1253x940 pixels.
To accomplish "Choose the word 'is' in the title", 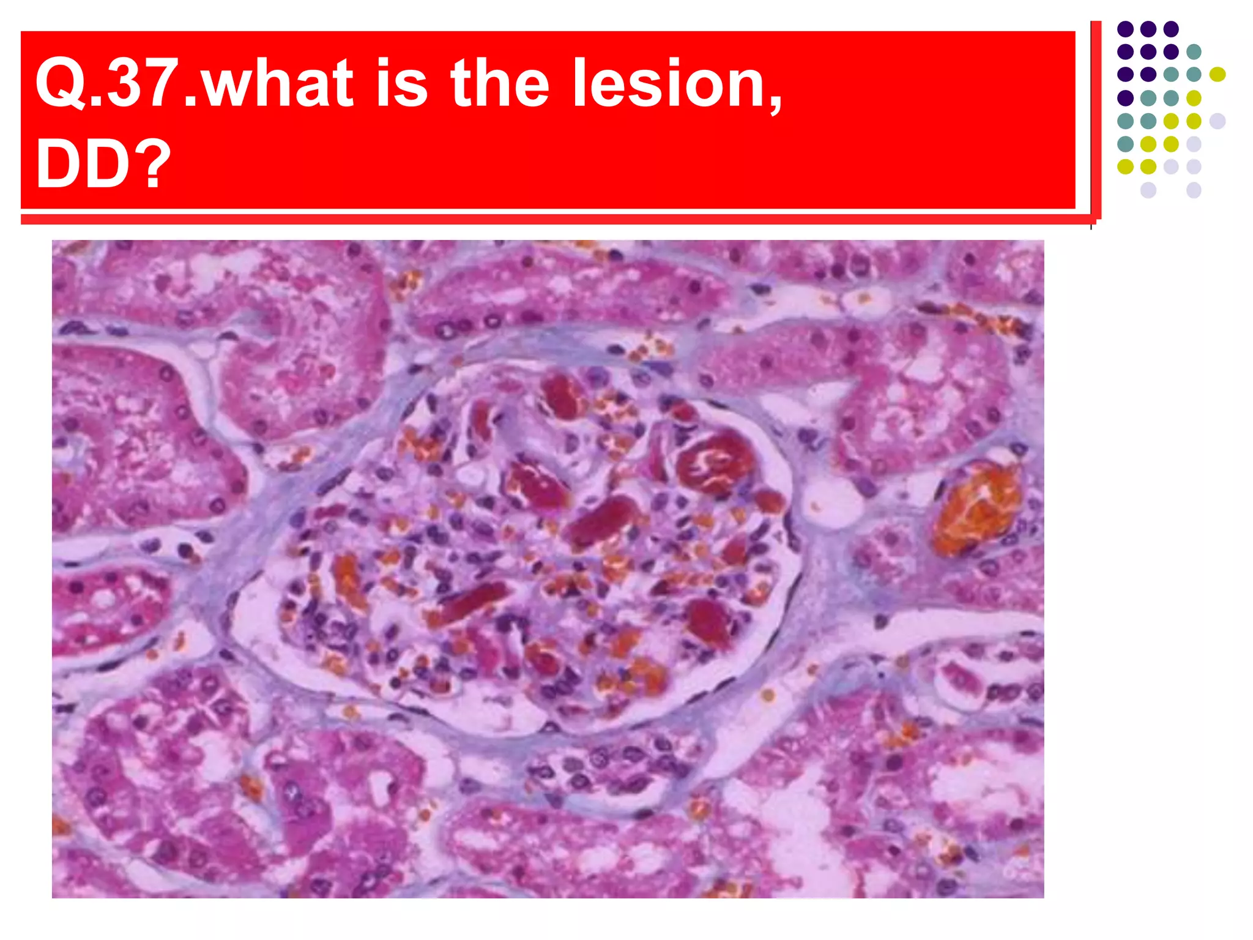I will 401,83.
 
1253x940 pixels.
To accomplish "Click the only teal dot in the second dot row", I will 1194,51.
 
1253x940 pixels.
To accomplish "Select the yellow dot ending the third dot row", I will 1217,74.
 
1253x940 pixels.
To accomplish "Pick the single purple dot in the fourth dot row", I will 1125,97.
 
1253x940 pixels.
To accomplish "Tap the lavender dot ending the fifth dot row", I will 1217,121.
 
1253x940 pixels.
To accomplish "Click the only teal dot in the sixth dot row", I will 1125,144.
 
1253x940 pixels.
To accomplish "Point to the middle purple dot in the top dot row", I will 1148,29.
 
